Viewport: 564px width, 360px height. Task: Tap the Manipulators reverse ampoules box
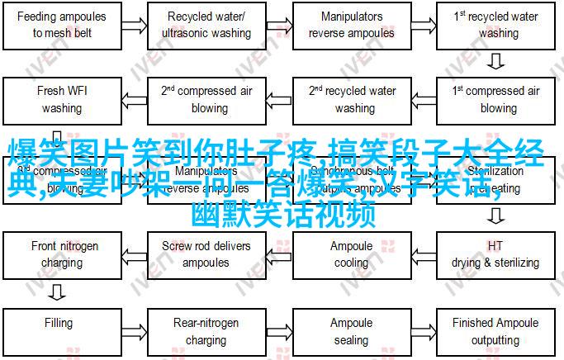[x=353, y=25]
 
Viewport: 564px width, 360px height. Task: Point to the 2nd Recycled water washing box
[x=353, y=99]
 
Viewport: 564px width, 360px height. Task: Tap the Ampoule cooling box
[x=353, y=254]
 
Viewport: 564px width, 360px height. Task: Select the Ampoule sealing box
[x=353, y=330]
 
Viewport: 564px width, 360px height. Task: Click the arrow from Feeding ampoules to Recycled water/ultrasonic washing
[x=136, y=25]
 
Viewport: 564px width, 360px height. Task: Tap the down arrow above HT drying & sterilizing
[x=496, y=216]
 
